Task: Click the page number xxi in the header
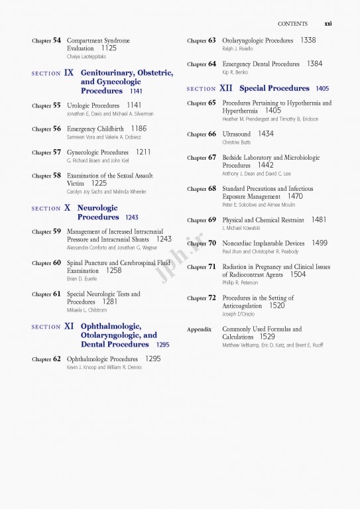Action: click(x=328, y=24)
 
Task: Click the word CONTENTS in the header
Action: click(x=292, y=24)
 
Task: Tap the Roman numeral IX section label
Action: click(x=69, y=73)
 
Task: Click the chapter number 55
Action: click(x=56, y=106)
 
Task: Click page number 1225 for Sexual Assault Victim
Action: click(x=99, y=184)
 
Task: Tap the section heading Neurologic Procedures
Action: click(x=98, y=212)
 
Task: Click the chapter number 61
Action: click(x=56, y=294)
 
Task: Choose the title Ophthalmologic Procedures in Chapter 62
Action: click(x=102, y=359)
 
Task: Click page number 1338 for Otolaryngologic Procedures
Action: click(x=308, y=40)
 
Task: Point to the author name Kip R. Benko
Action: click(x=235, y=72)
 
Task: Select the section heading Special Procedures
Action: click(x=274, y=88)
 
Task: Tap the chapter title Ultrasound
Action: click(x=237, y=134)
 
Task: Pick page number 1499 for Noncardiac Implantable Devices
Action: click(x=319, y=243)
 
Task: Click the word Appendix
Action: click(x=199, y=329)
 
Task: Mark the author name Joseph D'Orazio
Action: click(x=238, y=313)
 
